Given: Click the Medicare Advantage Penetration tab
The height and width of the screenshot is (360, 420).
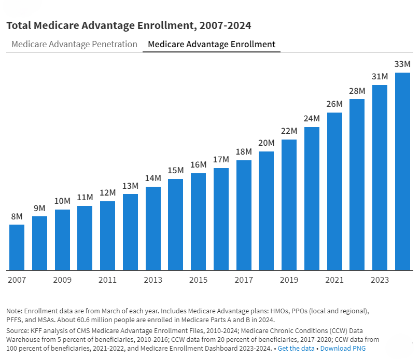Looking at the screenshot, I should [74, 44].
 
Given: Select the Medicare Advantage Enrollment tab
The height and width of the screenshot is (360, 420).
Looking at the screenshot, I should [212, 44].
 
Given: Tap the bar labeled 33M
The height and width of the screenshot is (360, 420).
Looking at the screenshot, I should [402, 171].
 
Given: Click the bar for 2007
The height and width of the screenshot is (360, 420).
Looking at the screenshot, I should [17, 247].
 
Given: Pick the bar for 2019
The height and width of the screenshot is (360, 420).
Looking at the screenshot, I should [289, 205].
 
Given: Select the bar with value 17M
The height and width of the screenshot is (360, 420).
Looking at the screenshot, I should [221, 219].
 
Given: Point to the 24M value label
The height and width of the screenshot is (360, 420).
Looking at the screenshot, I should [312, 119].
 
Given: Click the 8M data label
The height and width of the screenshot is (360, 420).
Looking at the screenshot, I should [17, 216].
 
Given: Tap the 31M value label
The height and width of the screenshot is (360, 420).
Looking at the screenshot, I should [380, 77].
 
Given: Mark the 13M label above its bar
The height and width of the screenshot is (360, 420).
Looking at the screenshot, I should [130, 186].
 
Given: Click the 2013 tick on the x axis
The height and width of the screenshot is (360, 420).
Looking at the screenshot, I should [153, 280].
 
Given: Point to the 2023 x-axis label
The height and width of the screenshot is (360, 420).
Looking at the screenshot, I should [380, 280].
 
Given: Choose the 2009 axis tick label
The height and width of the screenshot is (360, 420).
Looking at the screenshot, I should [62, 280].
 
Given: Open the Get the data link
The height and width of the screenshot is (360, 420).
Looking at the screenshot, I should [296, 348].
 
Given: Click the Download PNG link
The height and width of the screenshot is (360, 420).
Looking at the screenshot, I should [343, 348].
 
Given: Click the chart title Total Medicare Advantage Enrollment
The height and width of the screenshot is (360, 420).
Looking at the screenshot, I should [129, 25].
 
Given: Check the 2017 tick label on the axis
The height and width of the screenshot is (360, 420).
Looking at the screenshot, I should [244, 280].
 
